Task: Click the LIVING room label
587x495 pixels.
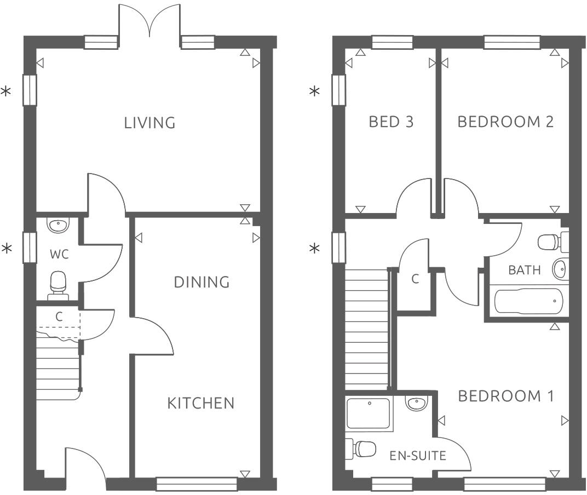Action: pyautogui.click(x=149, y=123)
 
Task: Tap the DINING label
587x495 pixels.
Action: pyautogui.click(x=202, y=283)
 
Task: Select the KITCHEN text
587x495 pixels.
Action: pyautogui.click(x=200, y=404)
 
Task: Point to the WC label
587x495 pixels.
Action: pyautogui.click(x=59, y=255)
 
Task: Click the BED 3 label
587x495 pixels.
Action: pyautogui.click(x=391, y=122)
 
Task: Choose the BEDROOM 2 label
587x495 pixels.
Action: pyautogui.click(x=505, y=122)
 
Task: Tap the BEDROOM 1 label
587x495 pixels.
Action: pyautogui.click(x=505, y=396)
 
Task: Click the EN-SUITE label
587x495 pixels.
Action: pyautogui.click(x=418, y=455)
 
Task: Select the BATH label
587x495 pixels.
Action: pyautogui.click(x=524, y=270)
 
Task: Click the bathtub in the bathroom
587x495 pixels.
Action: pyautogui.click(x=528, y=302)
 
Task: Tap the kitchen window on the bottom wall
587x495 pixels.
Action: pyautogui.click(x=197, y=484)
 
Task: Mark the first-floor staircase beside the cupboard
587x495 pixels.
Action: pyautogui.click(x=366, y=329)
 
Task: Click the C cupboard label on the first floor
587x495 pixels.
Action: pyautogui.click(x=415, y=279)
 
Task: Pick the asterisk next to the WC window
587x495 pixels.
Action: pyautogui.click(x=7, y=249)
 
